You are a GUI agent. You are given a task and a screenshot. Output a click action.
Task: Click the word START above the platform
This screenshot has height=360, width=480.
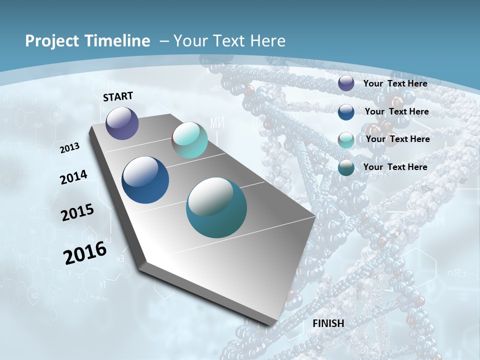pos(118,96)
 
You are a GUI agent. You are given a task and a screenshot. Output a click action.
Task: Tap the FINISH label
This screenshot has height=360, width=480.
pos(328,323)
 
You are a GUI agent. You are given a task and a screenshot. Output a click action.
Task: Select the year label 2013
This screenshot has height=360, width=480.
pos(69,148)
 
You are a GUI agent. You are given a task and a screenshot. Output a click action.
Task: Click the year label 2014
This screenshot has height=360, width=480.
pos(73,177)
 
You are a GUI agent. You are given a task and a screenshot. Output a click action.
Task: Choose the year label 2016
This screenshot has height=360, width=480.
pos(85,252)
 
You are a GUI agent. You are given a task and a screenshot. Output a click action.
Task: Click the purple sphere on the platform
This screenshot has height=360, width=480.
pos(122,123)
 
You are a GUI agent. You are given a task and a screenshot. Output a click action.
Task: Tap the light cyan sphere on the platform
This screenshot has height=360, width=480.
pos(189,140)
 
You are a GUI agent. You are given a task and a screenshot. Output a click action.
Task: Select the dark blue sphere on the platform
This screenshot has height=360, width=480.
pos(145,180)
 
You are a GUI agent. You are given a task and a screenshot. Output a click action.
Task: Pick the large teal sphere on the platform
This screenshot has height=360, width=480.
pos(216,208)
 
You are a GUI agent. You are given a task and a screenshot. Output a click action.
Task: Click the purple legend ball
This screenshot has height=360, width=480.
pos(346,83)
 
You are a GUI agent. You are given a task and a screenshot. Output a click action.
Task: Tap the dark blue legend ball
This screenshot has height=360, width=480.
pos(346,112)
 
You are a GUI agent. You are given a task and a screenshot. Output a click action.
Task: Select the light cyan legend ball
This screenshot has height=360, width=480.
pos(346,140)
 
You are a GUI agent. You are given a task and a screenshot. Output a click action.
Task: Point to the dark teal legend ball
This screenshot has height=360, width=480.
pos(346,167)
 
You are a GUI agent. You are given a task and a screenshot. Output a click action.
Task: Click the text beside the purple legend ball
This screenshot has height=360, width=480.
pos(395,83)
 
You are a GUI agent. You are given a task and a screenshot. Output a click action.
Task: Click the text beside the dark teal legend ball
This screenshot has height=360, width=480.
pos(395,167)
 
